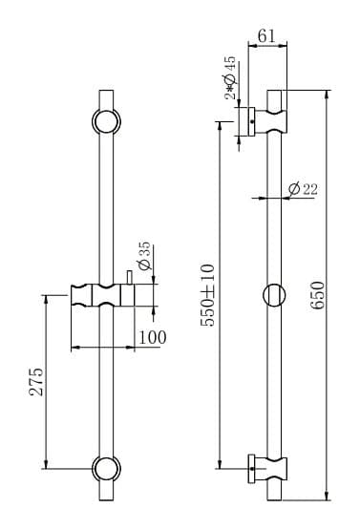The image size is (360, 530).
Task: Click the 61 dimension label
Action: pos(266,35)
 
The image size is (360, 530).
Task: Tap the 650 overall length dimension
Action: pos(318,295)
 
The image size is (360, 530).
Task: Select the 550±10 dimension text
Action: pos(207,295)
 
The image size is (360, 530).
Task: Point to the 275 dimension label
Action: pos(36,382)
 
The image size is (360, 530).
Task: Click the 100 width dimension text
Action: pos(153,337)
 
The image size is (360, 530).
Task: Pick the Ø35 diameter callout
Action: pos(144,256)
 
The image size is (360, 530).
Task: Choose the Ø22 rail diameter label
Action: pos(304,189)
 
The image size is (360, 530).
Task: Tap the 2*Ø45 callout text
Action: pos(230,77)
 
